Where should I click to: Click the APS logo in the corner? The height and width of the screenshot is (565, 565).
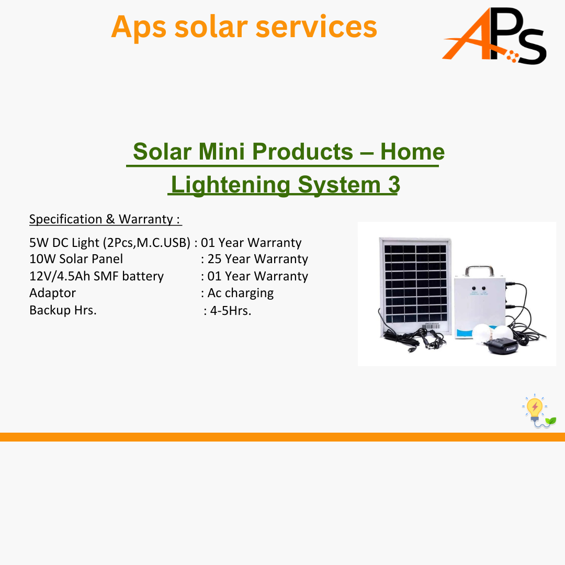494,36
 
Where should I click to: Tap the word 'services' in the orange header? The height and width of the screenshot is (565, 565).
317,27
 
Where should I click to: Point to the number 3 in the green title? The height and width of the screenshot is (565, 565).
394,185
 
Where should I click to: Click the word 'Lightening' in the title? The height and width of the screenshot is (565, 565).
231,185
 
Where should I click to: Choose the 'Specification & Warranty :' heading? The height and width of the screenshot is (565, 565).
105,219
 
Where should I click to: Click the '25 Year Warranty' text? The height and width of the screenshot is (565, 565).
257,259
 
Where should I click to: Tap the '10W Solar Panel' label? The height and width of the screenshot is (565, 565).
76,259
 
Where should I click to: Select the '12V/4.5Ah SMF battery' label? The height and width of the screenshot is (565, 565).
97,276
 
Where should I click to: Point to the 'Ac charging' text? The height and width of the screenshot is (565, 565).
240,293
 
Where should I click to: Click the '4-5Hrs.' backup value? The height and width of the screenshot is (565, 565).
231,311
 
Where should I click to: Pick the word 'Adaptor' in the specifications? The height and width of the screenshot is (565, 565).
53,293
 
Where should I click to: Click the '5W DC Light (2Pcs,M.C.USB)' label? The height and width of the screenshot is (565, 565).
110,243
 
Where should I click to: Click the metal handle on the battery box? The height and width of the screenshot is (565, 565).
479,270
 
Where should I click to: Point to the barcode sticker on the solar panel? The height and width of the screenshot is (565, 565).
431,326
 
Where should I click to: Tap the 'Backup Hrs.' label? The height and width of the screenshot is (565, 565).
63,310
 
